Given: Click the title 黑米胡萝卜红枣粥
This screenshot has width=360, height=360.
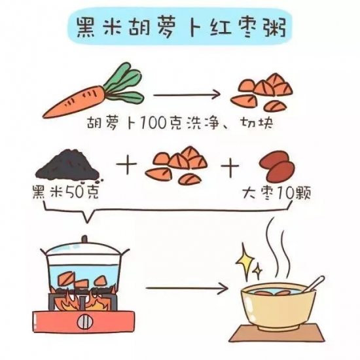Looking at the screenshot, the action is (181, 29).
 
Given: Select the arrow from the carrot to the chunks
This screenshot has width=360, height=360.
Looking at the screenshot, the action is (187, 95).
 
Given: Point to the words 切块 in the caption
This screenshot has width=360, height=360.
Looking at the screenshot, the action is (257, 124).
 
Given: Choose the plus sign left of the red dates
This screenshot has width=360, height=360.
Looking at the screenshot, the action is (230, 167).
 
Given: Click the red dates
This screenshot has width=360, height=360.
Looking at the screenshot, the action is (277, 167).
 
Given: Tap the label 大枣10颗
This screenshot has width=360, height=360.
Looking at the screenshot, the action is (278, 193).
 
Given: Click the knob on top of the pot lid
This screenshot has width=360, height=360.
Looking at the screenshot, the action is (84, 239).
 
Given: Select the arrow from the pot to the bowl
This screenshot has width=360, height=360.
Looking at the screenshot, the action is (187, 289).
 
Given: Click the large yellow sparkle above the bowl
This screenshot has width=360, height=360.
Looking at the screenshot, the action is (245, 261).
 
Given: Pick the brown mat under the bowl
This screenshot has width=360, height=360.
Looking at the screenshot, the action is (277, 333).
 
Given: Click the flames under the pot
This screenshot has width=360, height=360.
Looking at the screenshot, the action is (84, 298).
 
